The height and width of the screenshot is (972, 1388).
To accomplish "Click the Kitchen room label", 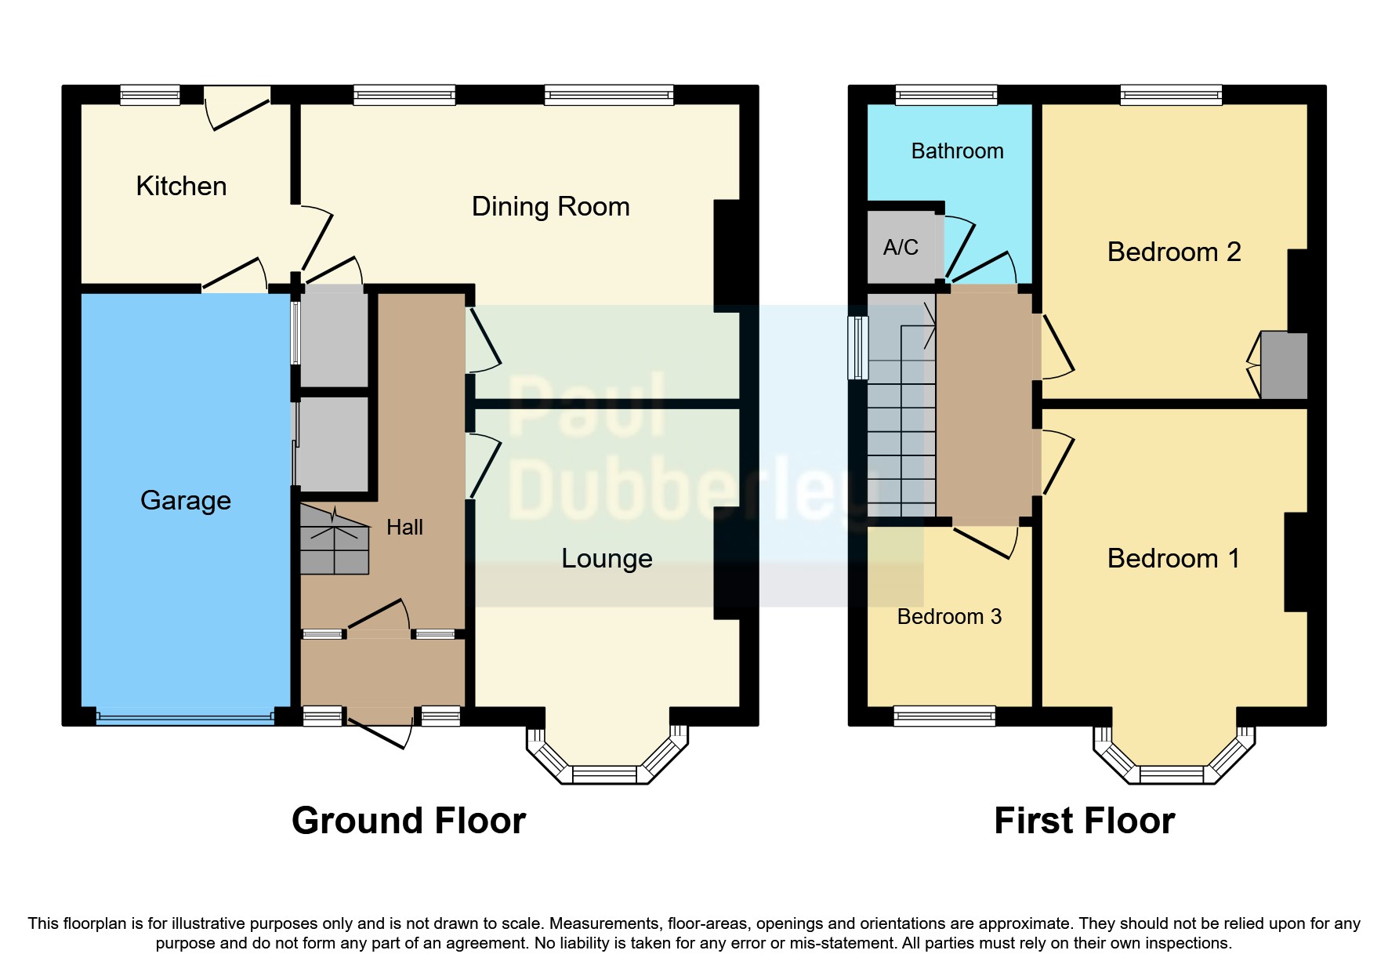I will pyautogui.click(x=181, y=186).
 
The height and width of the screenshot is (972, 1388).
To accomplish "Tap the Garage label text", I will pyautogui.click(x=185, y=500).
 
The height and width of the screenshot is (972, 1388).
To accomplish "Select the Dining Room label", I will pyautogui.click(x=550, y=206).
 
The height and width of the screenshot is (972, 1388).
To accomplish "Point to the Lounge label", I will pyautogui.click(x=607, y=558).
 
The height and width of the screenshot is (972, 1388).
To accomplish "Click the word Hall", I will pyautogui.click(x=404, y=527).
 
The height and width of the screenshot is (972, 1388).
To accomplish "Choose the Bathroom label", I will pyautogui.click(x=957, y=151).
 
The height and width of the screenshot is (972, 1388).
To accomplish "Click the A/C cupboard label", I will pyautogui.click(x=901, y=248).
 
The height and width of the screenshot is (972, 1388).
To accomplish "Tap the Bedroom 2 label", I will pyautogui.click(x=1173, y=252).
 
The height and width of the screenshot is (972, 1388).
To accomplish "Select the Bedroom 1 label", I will pyautogui.click(x=1173, y=558).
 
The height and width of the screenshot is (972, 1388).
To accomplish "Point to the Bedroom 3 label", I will pyautogui.click(x=949, y=617).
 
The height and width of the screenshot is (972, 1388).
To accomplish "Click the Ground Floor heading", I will pyautogui.click(x=408, y=821).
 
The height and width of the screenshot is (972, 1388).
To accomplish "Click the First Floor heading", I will pyautogui.click(x=1084, y=821).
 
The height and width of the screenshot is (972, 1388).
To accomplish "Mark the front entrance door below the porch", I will pyautogui.click(x=380, y=733).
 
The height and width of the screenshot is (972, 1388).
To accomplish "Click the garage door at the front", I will pyautogui.click(x=185, y=716).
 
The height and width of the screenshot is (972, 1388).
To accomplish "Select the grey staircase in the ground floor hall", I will pyautogui.click(x=334, y=541).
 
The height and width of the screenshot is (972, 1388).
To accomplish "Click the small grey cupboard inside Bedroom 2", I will pyautogui.click(x=1283, y=365).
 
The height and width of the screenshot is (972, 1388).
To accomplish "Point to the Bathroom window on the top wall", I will pyautogui.click(x=946, y=95).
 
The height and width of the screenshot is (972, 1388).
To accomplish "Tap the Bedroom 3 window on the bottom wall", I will pyautogui.click(x=944, y=716).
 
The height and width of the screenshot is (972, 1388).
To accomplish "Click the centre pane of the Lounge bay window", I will pyautogui.click(x=604, y=774).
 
